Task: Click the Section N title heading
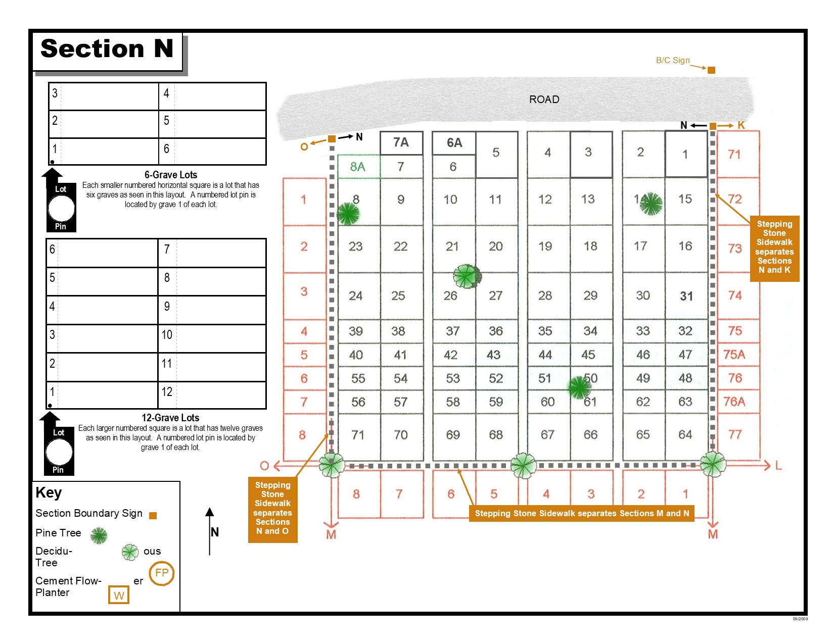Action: tap(107, 48)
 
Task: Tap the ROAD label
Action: tap(544, 100)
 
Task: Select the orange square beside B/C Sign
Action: tap(711, 70)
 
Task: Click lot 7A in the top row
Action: tap(401, 142)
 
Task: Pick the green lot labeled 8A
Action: tap(358, 167)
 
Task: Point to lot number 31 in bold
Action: tap(686, 296)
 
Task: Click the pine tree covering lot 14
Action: tap(651, 203)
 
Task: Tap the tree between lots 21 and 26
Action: tap(467, 276)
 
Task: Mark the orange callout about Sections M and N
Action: tap(581, 513)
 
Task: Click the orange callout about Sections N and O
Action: tap(272, 509)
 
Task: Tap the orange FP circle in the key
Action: tap(162, 573)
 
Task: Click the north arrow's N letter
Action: tap(214, 532)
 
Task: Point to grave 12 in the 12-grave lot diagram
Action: tap(167, 391)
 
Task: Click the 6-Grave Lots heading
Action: tap(171, 175)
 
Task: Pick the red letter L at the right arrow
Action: tap(778, 466)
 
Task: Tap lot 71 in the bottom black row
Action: tap(358, 435)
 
